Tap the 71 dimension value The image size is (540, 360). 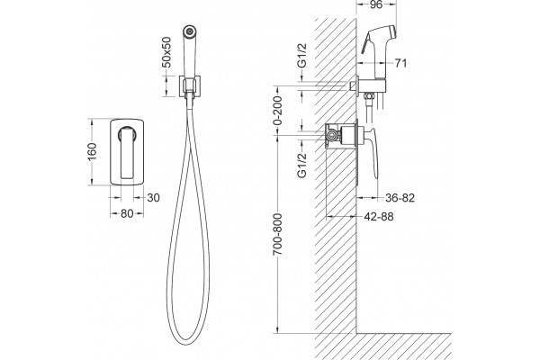tap(400, 63)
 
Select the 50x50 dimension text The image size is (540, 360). tap(166, 52)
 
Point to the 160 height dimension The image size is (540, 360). tap(92, 151)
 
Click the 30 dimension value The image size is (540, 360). tap(153, 198)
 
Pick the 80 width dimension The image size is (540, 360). tap(127, 213)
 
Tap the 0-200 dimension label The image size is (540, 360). tap(277, 110)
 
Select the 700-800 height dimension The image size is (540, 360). tap(277, 234)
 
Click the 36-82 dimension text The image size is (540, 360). tap(400, 198)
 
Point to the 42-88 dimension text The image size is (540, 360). tap(379, 217)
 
